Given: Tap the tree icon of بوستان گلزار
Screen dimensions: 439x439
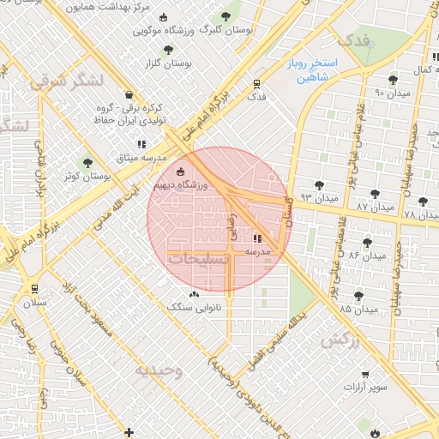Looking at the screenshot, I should pyautogui.click(x=168, y=50).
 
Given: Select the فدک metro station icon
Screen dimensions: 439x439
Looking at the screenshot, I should pyautogui.click(x=256, y=83).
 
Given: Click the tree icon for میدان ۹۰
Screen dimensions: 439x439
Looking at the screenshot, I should pyautogui.click(x=393, y=80).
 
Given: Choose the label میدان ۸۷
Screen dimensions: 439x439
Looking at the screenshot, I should pyautogui.click(x=375, y=207).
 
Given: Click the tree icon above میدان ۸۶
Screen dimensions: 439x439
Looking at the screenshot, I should pyautogui.click(x=368, y=243).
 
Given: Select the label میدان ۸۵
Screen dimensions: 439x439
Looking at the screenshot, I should pyautogui.click(x=358, y=308).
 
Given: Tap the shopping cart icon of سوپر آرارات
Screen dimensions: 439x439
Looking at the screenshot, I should pyautogui.click(x=366, y=375).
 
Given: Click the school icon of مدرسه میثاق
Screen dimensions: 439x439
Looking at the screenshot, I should pyautogui.click(x=141, y=145).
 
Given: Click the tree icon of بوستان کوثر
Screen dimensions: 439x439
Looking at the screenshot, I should pyautogui.click(x=87, y=162).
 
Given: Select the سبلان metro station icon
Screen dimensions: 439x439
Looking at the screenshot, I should pyautogui.click(x=34, y=289).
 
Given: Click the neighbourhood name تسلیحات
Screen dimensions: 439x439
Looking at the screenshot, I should pyautogui.click(x=197, y=258).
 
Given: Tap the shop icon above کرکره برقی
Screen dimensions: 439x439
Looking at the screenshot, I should pyautogui.click(x=129, y=95).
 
